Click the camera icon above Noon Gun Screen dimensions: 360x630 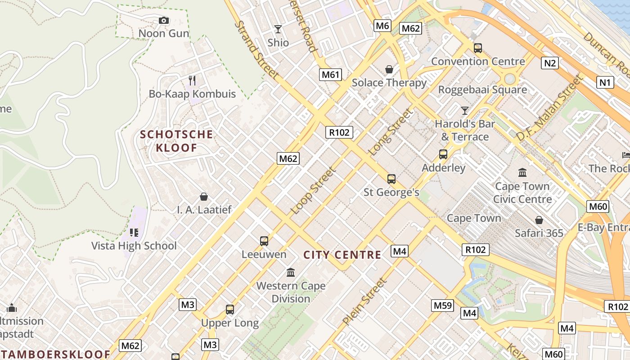click(x=164, y=20)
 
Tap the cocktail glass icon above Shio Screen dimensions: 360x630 click(x=278, y=29)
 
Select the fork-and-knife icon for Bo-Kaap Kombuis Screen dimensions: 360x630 click(x=192, y=81)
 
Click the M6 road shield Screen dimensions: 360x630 click(x=382, y=26)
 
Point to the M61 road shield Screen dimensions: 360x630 click(x=330, y=74)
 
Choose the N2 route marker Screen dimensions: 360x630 click(x=550, y=63)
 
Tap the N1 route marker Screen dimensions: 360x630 click(x=605, y=82)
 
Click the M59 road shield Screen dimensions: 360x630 click(x=442, y=306)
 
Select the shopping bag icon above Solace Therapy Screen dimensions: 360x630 click(x=389, y=69)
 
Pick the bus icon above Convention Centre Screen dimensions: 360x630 click(x=478, y=48)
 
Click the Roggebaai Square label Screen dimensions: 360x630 click(x=482, y=90)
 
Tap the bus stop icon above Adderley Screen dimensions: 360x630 click(x=443, y=154)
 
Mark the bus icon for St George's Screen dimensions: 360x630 click(x=391, y=179)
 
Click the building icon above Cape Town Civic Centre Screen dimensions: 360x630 click(x=522, y=172)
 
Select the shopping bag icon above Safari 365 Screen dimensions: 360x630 click(x=539, y=220)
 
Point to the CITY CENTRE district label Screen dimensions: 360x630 click(x=342, y=255)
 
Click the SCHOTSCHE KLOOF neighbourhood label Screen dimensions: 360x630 click(x=176, y=141)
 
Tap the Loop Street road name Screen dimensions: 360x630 click(x=313, y=191)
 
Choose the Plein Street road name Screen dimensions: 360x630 click(x=364, y=301)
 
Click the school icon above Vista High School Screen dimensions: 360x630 click(x=134, y=232)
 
